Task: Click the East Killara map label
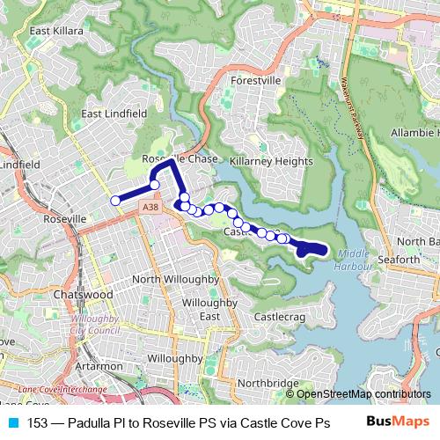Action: pyautogui.click(x=56, y=30)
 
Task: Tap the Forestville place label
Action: pyautogui.click(x=254, y=80)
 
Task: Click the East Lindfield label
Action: pyautogui.click(x=114, y=114)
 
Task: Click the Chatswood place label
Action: pyautogui.click(x=80, y=294)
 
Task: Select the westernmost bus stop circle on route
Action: pyautogui.click(x=114, y=201)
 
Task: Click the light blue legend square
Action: pyautogui.click(x=14, y=422)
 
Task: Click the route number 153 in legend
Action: pyautogui.click(x=38, y=422)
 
